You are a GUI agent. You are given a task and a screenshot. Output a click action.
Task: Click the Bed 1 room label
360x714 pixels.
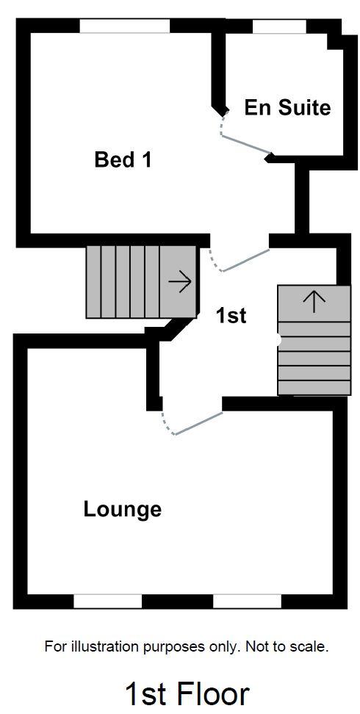tap(123, 159)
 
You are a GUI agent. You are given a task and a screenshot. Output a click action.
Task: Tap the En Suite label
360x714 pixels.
tap(287, 108)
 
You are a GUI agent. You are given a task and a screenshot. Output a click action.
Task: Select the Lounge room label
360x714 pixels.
tap(122, 509)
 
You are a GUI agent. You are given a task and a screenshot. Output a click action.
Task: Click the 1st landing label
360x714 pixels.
tap(231, 316)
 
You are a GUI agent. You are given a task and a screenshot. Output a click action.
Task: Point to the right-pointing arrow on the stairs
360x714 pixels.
tap(180, 281)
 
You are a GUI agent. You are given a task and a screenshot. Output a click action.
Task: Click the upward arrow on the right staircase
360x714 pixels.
tap(314, 301)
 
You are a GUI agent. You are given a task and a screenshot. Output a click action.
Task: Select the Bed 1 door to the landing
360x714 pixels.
tap(245, 261)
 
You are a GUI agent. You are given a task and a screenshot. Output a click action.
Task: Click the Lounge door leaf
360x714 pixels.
tap(198, 424)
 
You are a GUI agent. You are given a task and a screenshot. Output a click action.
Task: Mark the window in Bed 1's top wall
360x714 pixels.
tap(124, 26)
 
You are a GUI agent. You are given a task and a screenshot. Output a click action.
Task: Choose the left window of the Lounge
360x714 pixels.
tap(107, 602)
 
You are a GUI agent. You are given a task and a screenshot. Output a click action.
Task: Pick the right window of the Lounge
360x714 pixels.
tap(247, 602)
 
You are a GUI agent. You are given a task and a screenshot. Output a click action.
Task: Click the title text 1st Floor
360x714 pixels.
tap(187, 694)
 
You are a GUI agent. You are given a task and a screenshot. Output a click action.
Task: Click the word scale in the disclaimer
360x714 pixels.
tap(309, 647)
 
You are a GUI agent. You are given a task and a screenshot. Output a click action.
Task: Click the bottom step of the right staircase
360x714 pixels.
tap(314, 388)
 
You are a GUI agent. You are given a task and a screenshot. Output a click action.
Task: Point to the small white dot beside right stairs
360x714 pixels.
tap(278, 341)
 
